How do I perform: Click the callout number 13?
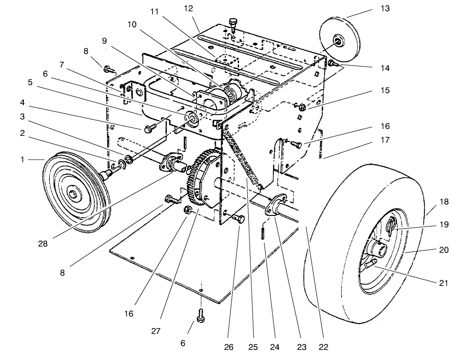385,8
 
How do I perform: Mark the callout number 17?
385,140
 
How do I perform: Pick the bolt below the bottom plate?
201,315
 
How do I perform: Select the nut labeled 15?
301,107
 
